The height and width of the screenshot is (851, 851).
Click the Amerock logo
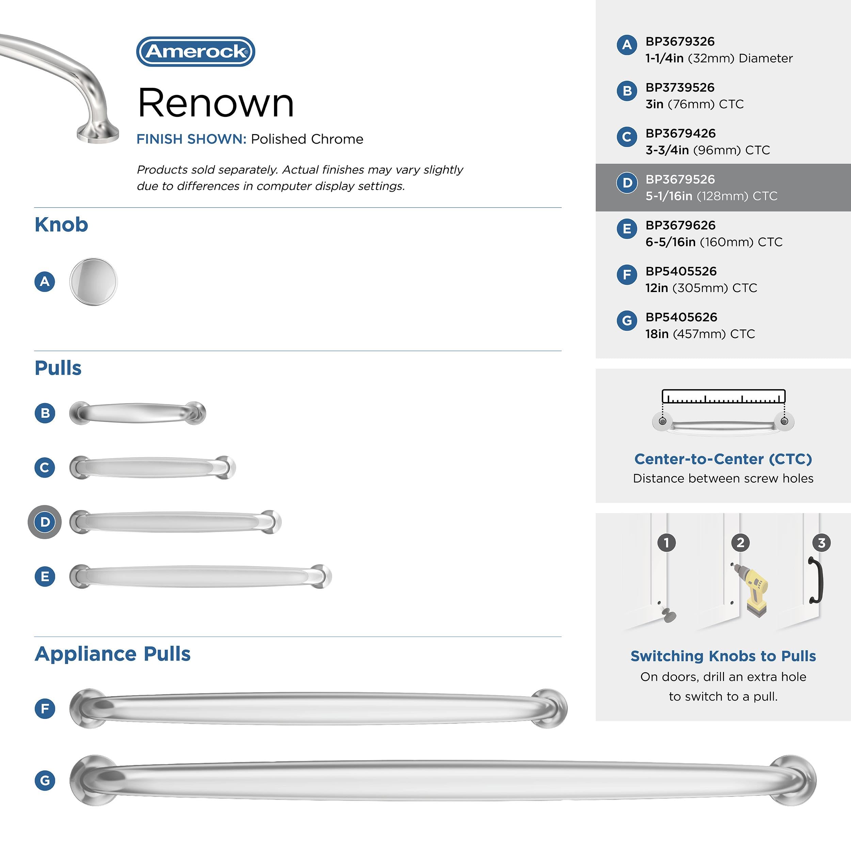click(x=196, y=51)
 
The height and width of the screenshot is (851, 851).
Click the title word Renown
click(x=215, y=103)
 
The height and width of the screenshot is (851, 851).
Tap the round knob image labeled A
click(x=93, y=282)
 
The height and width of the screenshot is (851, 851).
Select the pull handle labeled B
click(x=138, y=413)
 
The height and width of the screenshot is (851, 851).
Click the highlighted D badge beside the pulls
click(x=45, y=522)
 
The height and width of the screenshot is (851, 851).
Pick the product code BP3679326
click(x=680, y=42)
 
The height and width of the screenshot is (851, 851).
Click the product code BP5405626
click(x=681, y=317)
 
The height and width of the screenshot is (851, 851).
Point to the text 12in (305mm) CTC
click(x=701, y=288)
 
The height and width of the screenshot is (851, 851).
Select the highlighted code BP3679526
click(x=680, y=179)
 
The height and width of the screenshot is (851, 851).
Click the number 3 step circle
click(x=821, y=543)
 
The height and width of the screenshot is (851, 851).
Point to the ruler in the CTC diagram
click(x=723, y=397)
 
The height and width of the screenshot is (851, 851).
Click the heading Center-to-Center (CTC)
click(x=723, y=459)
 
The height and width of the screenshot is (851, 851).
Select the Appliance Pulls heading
click(x=113, y=654)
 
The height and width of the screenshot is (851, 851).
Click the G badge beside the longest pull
click(x=45, y=781)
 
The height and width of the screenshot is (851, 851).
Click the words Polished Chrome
click(x=307, y=139)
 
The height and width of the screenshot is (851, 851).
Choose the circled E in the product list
click(x=627, y=229)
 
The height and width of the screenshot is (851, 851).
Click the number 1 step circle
click(x=667, y=543)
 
